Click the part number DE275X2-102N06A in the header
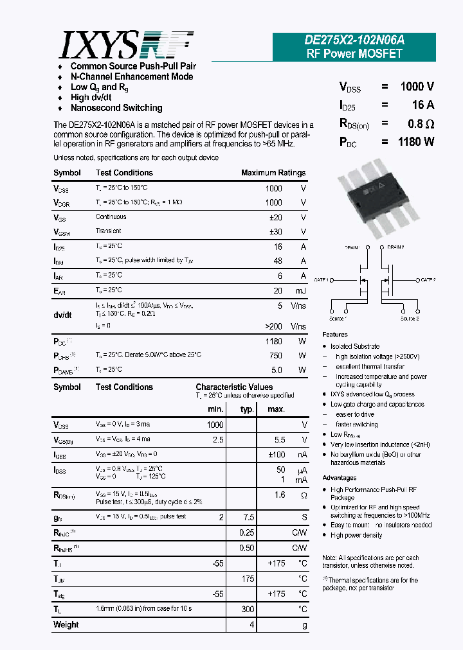354,40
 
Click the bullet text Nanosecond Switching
116,108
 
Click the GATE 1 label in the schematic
322,280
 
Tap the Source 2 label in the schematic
410,319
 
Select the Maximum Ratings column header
273,173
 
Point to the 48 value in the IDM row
278,261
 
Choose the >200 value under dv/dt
273,326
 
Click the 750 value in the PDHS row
275,355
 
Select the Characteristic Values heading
234,387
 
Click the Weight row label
66,624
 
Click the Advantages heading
340,478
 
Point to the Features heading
335,335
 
